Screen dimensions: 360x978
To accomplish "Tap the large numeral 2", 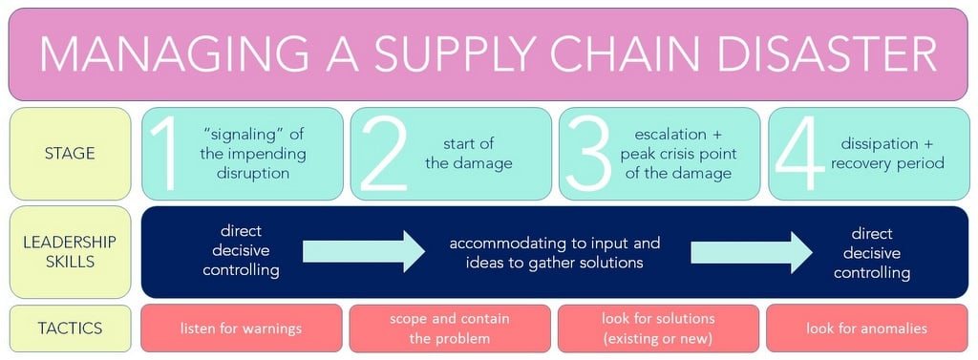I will coord(382,154).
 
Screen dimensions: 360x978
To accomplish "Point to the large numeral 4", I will coord(797,154).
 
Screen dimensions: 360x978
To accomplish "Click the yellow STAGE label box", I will coord(70,153).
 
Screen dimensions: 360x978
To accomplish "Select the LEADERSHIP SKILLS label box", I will coord(70,252).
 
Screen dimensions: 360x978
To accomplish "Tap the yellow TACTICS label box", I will coord(70,328).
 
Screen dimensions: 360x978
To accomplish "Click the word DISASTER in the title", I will coord(800,53).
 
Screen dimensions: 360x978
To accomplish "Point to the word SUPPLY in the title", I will coord(448,53).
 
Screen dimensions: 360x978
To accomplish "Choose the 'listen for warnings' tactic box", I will coord(241,328).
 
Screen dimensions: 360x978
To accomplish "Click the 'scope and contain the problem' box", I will coord(450,328).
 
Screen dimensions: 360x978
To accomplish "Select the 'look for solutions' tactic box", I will coord(658,328).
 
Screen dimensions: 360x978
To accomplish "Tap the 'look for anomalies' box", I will coord(866,328).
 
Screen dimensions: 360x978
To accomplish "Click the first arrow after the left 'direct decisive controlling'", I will coord(364,252).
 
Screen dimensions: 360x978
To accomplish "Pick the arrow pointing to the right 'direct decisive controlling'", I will coord(752,252).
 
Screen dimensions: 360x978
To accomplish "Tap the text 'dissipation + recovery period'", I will coord(887,154).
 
